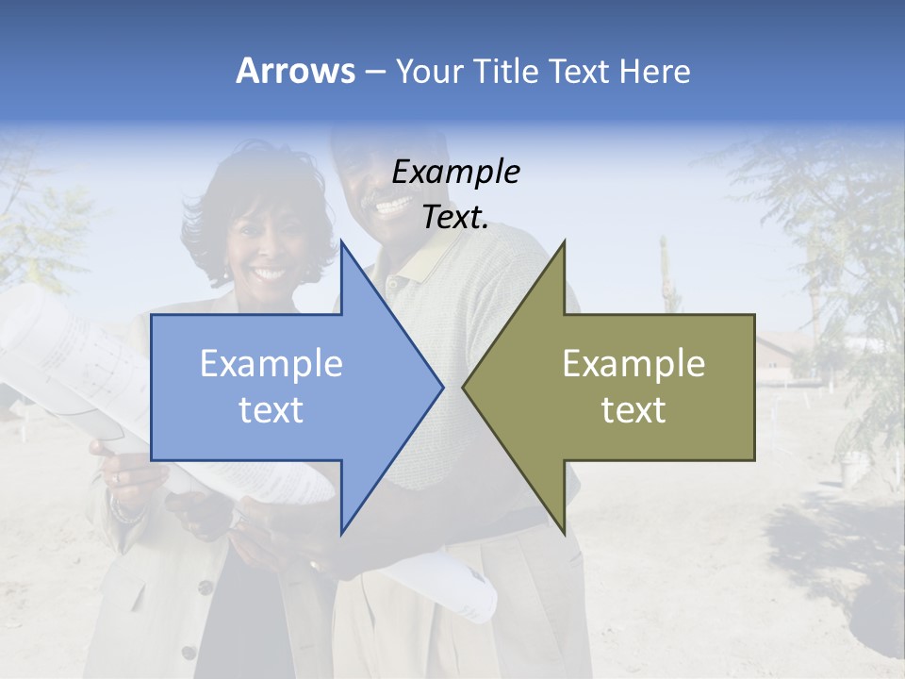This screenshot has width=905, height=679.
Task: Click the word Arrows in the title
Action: [295, 71]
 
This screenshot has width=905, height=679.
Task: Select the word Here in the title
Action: [652, 71]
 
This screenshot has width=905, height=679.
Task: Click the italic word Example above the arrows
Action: [455, 173]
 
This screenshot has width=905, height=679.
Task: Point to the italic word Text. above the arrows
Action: [455, 217]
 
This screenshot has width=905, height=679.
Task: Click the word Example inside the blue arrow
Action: [271, 364]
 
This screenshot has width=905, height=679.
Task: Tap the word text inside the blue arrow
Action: [271, 410]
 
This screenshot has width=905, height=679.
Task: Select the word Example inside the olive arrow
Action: [633, 364]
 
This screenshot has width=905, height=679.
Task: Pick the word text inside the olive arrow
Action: [633, 410]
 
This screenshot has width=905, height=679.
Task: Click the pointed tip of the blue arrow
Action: [441, 386]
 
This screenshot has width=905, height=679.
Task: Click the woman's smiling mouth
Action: [269, 274]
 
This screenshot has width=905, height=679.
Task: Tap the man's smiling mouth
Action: [391, 203]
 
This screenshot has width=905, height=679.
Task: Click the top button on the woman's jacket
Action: [204, 587]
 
